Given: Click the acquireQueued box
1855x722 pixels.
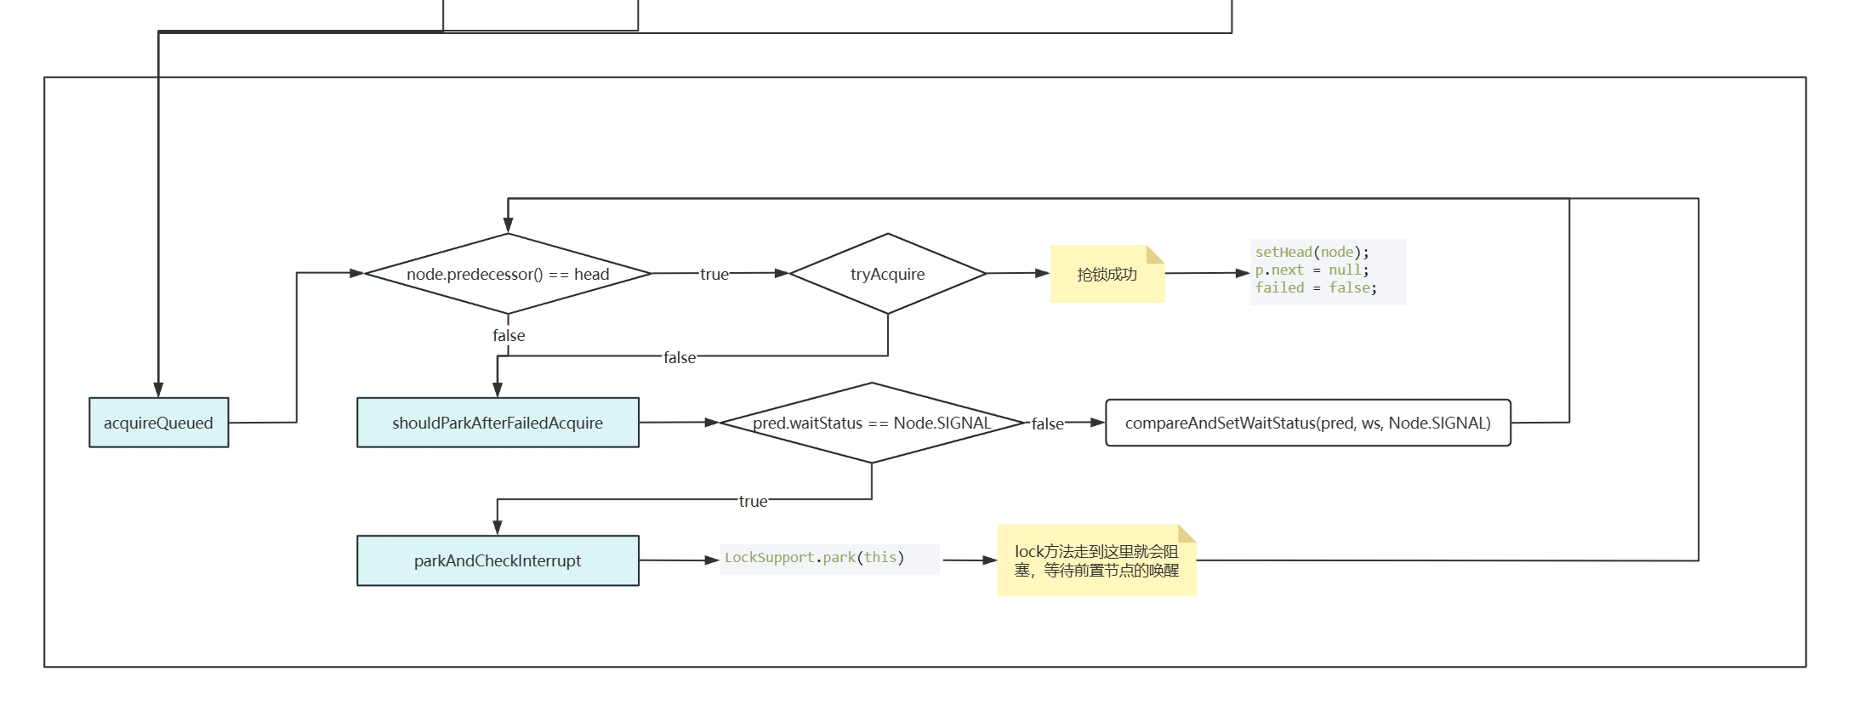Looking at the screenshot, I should tap(158, 423).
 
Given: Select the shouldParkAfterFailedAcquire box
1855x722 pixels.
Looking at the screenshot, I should tap(498, 423).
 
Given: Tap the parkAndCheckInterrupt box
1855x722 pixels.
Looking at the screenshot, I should tap(498, 560).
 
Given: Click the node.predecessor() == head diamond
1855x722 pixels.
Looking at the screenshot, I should tap(508, 274).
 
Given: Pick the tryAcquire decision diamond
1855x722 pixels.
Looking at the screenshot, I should tap(887, 274).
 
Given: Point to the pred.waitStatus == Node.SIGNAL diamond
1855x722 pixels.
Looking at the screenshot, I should tap(872, 423).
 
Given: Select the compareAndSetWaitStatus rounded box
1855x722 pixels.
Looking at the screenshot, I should tap(1307, 423).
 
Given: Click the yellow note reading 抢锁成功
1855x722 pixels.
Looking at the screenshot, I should tap(1107, 274).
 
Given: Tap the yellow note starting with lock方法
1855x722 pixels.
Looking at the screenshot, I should tap(1096, 561).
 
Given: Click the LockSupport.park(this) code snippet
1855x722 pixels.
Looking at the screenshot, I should tap(814, 558).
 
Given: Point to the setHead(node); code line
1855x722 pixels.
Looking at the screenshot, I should tap(1312, 252).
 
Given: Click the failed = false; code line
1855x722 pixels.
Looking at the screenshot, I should tap(1315, 288).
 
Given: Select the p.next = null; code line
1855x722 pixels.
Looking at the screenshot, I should tap(1312, 270).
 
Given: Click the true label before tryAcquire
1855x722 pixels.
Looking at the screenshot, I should tap(714, 274).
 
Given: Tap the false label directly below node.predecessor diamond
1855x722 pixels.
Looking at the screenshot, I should tap(509, 335).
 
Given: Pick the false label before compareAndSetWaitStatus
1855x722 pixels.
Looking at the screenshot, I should tap(1047, 424).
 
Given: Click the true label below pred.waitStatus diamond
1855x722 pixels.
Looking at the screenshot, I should tap(753, 501).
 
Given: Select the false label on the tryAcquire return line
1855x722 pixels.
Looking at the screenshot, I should tap(680, 357).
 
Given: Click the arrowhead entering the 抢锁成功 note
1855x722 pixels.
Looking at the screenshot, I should tap(1043, 273).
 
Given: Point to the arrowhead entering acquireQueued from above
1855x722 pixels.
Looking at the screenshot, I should tap(158, 390).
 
